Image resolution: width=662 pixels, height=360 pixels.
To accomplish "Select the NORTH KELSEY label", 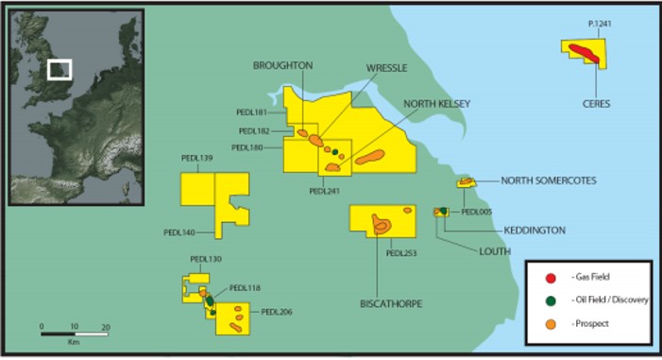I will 437,104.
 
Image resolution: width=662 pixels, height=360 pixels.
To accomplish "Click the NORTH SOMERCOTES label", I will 549,180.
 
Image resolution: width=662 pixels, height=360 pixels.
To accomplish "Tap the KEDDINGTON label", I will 535,230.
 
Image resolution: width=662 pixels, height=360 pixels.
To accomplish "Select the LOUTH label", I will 494,251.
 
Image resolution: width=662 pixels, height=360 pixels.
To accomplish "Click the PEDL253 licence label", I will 402,253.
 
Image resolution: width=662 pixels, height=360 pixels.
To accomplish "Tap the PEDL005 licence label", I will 478,213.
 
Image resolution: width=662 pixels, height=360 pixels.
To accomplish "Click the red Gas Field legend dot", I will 549,279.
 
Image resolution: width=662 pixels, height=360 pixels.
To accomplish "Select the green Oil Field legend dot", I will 549,301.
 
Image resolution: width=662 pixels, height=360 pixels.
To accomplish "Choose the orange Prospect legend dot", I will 549,324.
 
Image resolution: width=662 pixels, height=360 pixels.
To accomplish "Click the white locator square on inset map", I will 59,70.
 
